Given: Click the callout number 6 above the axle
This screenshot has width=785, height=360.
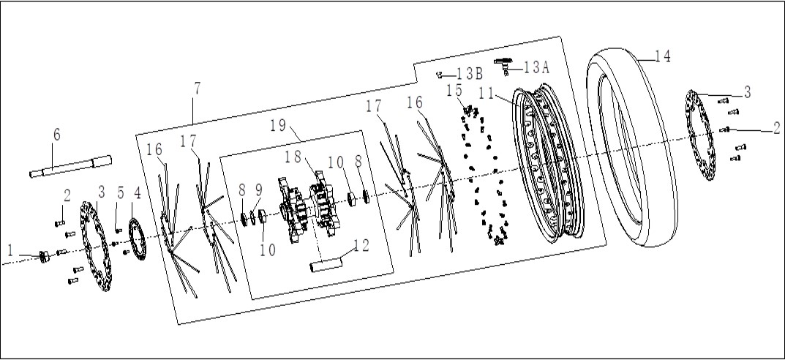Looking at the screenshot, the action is pos(56,135).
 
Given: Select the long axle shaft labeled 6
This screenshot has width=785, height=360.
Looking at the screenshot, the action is pos(70,166).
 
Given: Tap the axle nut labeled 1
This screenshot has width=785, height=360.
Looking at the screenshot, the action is pos(45,257).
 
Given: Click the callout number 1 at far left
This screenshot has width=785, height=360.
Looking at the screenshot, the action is pos(10,249).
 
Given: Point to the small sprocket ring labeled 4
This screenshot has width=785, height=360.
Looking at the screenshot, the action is pos(138,237).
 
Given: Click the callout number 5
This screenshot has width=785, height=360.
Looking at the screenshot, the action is pos(120,193).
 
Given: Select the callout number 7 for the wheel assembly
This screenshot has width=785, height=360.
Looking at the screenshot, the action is pos(198,89).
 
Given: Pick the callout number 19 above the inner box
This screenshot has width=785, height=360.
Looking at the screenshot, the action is pos(278,125).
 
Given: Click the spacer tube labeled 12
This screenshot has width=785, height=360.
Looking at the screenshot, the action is pos(326,264).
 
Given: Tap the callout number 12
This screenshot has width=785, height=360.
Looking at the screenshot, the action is pos(361,245).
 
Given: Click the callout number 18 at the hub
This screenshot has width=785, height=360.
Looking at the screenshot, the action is pos(293,157).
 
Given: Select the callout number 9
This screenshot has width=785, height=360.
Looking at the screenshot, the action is pos(258,190).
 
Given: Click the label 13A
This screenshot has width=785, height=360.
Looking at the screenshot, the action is pos(537,67).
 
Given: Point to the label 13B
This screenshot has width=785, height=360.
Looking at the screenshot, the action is pos(470,74).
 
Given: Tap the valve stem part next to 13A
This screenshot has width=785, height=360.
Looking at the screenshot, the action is pos(503,65).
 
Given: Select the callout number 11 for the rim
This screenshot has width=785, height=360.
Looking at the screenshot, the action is pos(487,94).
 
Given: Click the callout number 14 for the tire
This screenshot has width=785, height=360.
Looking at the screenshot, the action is pos(663,56).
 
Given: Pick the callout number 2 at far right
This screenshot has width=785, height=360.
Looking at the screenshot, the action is pos(776,129).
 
